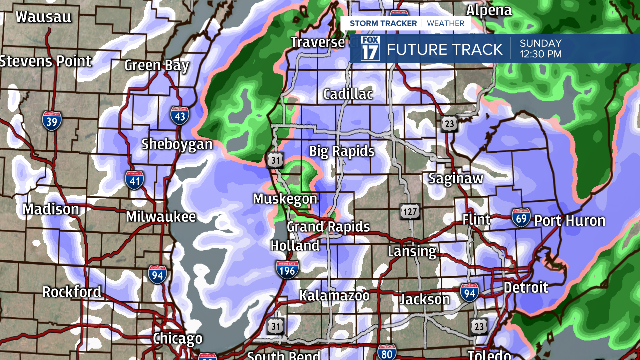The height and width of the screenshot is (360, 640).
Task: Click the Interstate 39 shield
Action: pyautogui.click(x=52, y=121)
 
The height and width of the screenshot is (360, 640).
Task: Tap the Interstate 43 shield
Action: pyautogui.click(x=179, y=115)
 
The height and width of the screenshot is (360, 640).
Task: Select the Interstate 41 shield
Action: pyautogui.click(x=135, y=180)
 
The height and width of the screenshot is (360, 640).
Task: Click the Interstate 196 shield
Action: pyautogui.click(x=287, y=269)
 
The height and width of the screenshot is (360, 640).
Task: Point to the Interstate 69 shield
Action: pyautogui.click(x=521, y=218)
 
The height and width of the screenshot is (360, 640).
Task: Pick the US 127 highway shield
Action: pyautogui.click(x=409, y=212)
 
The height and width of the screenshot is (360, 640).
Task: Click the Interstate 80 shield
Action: pyautogui.click(x=387, y=352)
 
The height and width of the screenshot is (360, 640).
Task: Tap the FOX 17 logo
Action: pyautogui.click(x=370, y=48)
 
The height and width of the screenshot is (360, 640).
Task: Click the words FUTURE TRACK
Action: pyautogui.click(x=444, y=49)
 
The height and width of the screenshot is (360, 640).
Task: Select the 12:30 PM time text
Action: pyautogui.click(x=541, y=54)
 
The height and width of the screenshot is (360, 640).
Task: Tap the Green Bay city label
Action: pyautogui.click(x=157, y=65)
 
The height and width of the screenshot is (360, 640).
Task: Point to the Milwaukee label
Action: pyautogui.click(x=161, y=217)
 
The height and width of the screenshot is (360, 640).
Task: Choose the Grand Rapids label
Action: pyautogui.click(x=328, y=227)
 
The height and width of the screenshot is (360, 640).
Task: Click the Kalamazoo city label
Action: pyautogui.click(x=334, y=295)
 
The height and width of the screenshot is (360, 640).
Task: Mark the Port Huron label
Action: pyautogui.click(x=570, y=221)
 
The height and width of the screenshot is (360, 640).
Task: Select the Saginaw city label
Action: pyautogui.click(x=456, y=178)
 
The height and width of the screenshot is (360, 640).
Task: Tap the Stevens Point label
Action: pyautogui.click(x=46, y=61)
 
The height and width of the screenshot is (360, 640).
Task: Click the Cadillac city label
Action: pyautogui.click(x=348, y=94)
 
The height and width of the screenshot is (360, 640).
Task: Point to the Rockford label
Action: pyautogui.click(x=72, y=292)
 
